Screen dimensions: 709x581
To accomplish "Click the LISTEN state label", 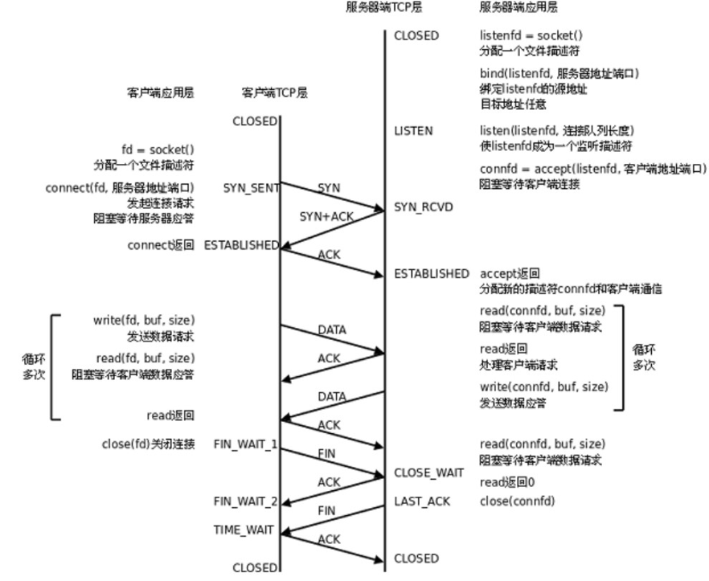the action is click(x=413, y=130).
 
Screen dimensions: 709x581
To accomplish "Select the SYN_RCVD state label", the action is click(x=424, y=207).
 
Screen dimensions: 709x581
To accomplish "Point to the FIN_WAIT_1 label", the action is click(x=245, y=444).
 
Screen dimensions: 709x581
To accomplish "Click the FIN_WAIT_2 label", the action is click(x=245, y=501).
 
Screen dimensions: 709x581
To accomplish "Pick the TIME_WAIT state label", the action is click(x=244, y=530).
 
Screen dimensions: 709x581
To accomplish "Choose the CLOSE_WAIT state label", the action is click(x=428, y=473).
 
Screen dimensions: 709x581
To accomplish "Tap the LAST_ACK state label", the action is click(x=422, y=501).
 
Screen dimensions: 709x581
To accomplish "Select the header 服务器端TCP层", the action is click(x=384, y=7).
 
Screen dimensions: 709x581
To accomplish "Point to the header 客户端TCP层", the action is click(x=274, y=93).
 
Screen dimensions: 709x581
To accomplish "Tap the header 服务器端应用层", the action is click(x=518, y=7).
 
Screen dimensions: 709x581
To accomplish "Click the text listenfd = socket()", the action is click(x=531, y=35).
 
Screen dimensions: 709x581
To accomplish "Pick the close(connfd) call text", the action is click(x=518, y=501).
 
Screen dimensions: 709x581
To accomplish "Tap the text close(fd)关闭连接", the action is click(x=148, y=444).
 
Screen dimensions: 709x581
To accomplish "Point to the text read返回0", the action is click(x=507, y=482).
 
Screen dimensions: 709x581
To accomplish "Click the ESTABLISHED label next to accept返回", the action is click(x=431, y=274).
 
